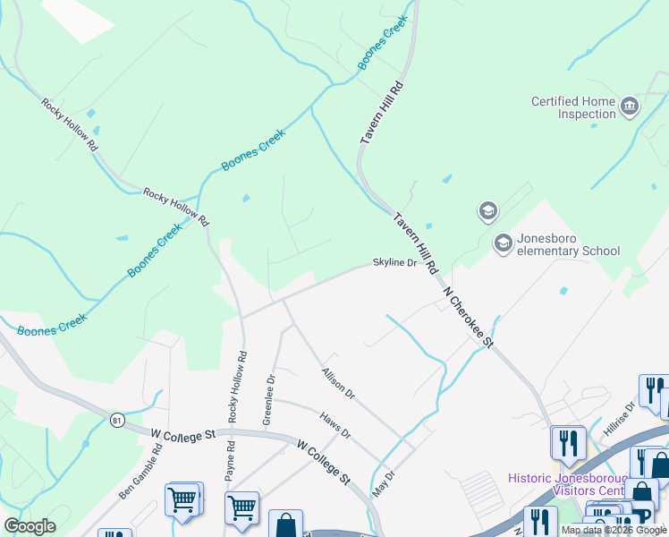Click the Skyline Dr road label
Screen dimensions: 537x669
(394, 263)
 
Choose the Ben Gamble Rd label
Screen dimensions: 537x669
(140, 470)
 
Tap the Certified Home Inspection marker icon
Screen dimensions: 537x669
(630, 107)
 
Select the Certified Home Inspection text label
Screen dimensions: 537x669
(574, 107)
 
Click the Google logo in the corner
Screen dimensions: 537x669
(30, 526)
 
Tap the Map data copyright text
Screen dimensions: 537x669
(614, 530)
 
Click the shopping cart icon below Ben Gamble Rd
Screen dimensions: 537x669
(182, 498)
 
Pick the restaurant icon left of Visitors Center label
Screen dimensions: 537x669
(568, 441)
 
